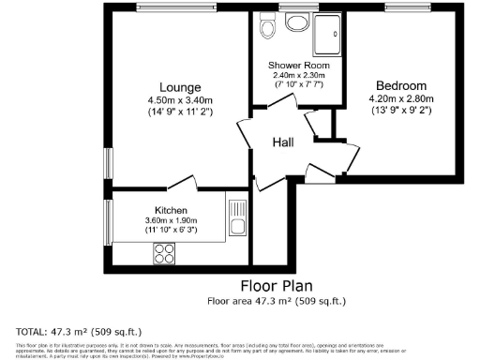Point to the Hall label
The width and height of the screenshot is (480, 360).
pos(284,142)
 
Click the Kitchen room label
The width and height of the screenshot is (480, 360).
pos(171,210)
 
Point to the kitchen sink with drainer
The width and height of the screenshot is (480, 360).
pos(236,218)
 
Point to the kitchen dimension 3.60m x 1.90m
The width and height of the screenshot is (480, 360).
pos(171,220)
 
